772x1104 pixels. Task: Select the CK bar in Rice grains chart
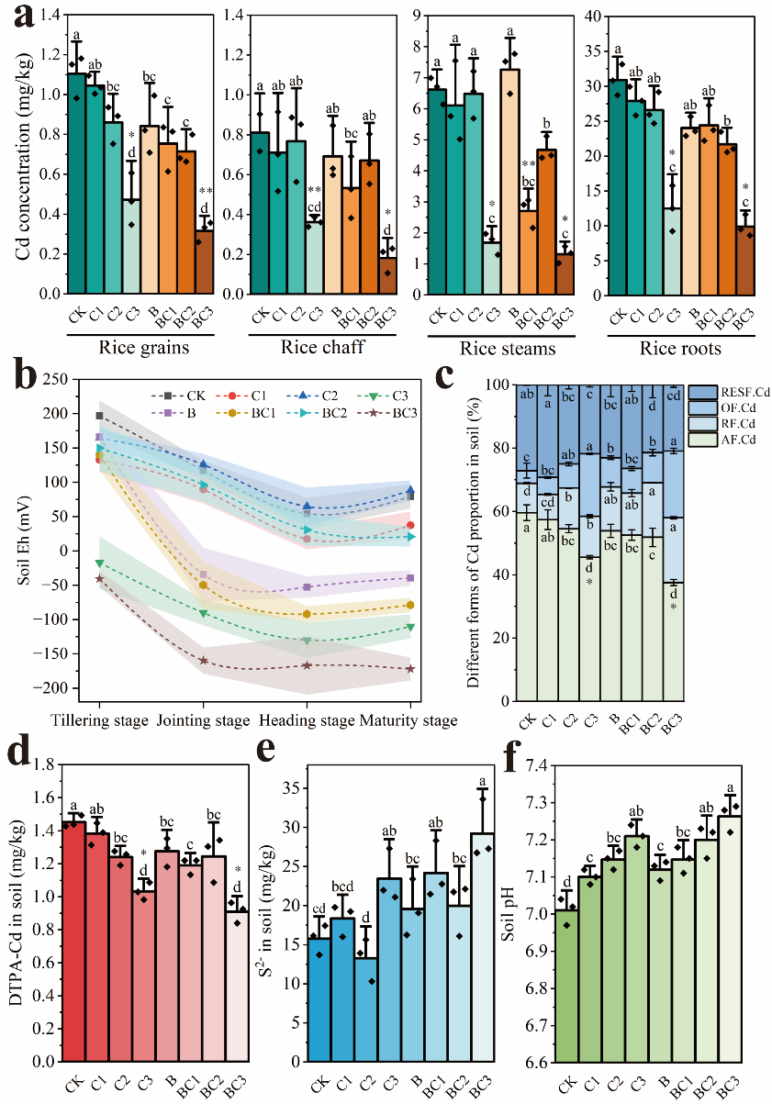(76, 184)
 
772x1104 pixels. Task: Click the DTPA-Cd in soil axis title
(17, 913)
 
